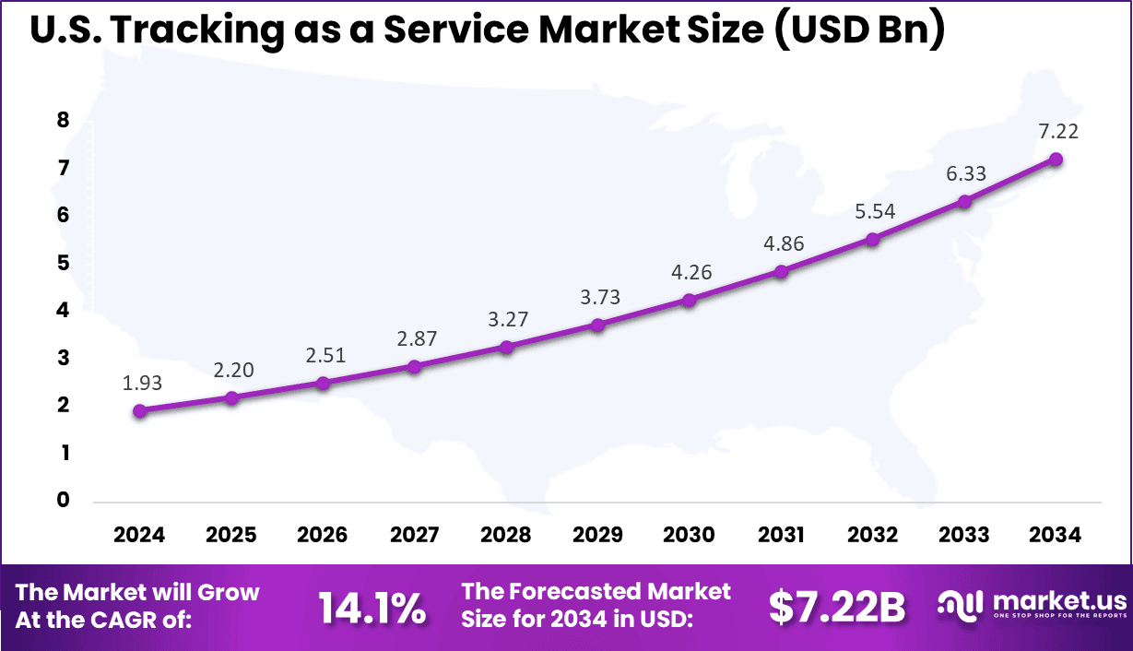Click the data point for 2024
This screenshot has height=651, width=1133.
[139, 411]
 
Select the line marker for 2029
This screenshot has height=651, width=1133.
[597, 325]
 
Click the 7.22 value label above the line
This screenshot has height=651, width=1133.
[1056, 131]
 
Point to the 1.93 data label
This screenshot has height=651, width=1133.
[141, 383]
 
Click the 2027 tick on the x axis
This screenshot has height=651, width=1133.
[414, 535]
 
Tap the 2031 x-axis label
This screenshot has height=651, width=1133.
[781, 535]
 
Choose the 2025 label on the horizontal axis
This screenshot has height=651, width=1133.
[231, 535]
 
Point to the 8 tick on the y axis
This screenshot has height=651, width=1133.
[64, 120]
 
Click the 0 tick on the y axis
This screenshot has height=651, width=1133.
[64, 501]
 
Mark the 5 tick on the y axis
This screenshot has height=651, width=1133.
[64, 263]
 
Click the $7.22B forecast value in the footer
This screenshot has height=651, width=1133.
[837, 607]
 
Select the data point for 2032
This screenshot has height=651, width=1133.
[873, 240]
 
